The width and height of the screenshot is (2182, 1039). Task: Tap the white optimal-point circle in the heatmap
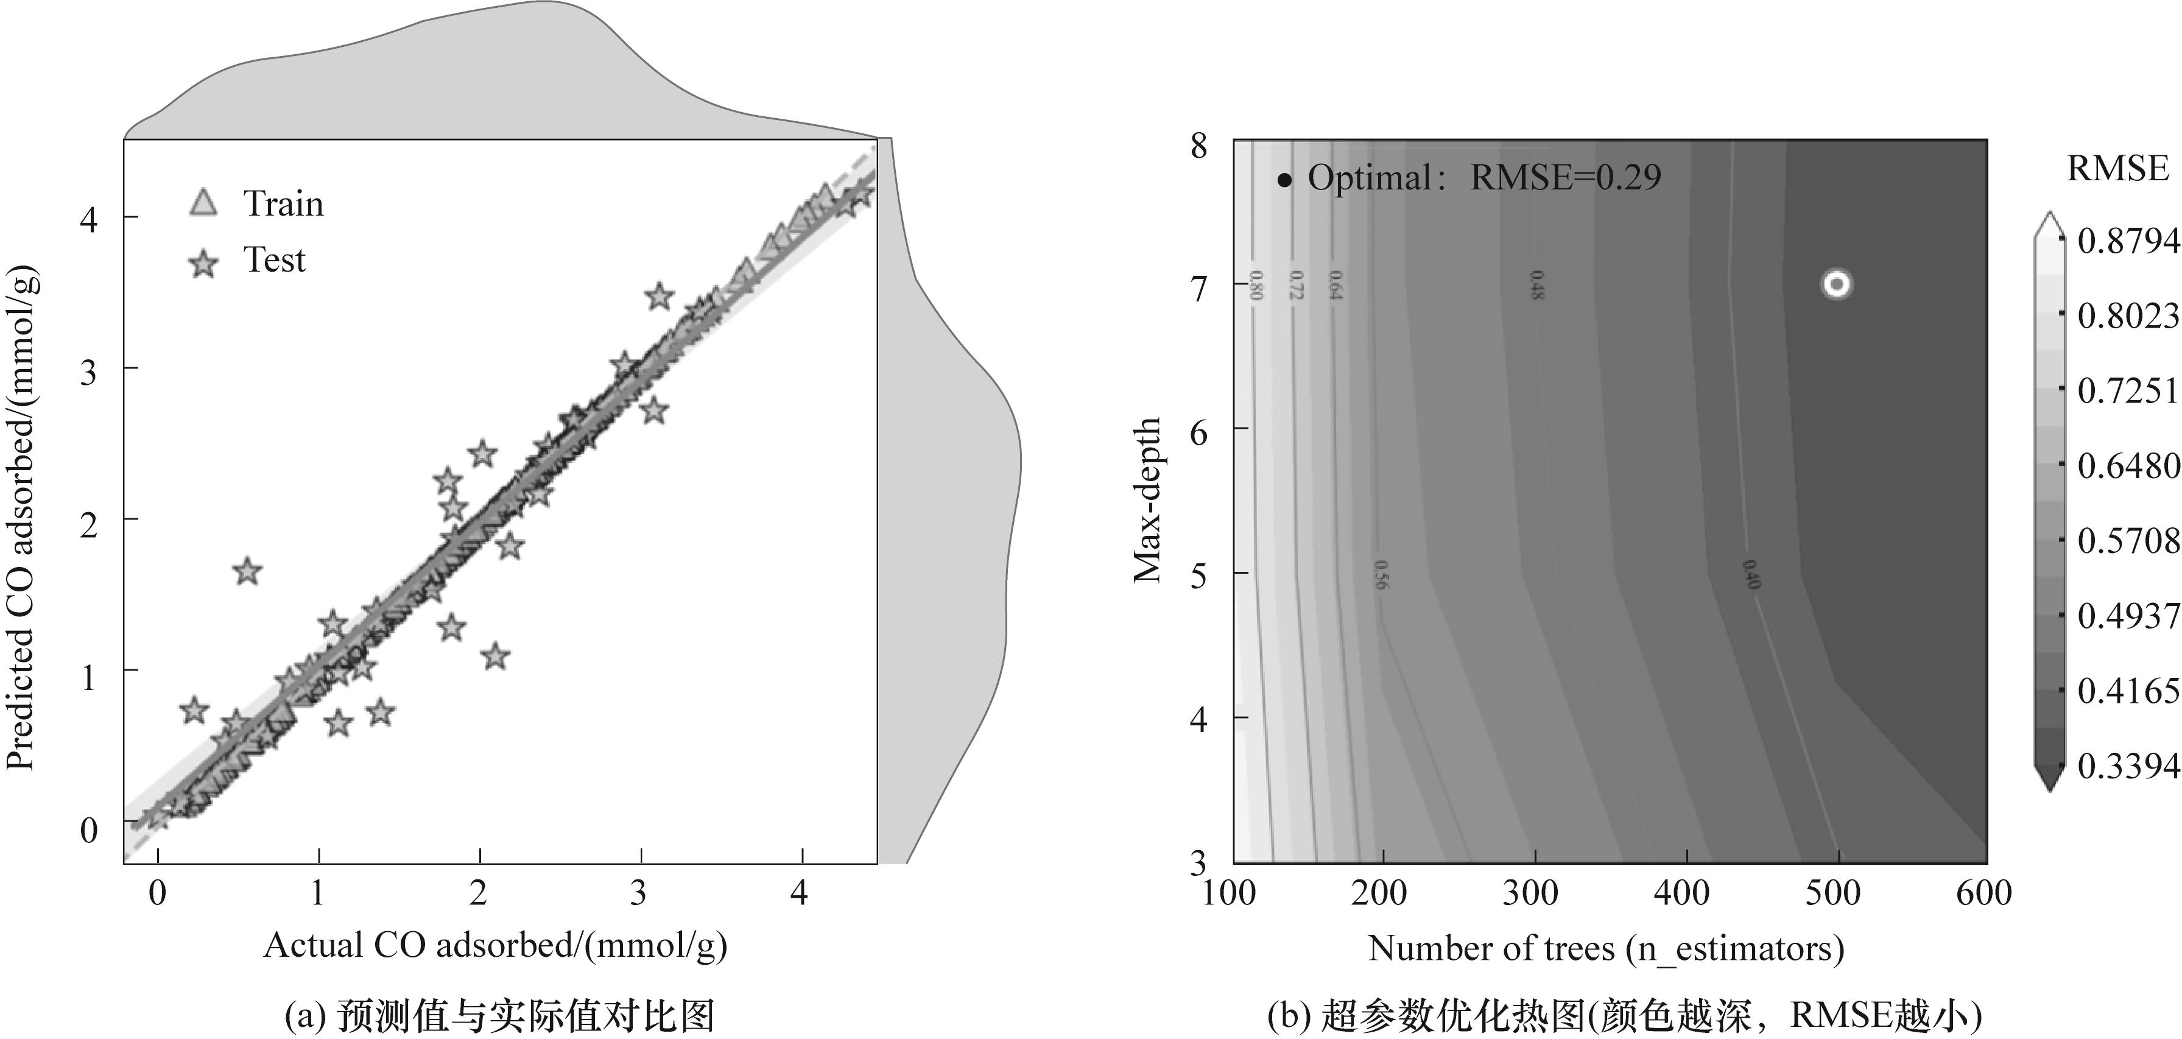1835,284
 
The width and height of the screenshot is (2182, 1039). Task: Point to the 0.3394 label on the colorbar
2127,766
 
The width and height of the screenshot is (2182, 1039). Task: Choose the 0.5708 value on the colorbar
2127,541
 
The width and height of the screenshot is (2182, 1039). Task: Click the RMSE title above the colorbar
2117,169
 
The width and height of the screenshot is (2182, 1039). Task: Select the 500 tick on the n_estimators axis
1833,893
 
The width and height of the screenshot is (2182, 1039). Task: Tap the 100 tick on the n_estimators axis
1229,893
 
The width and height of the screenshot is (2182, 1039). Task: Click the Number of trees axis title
1606,948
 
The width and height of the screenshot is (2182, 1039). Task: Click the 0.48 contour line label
1536,284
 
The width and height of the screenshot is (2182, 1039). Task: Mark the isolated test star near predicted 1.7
247,572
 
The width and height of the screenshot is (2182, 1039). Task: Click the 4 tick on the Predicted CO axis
88,219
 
